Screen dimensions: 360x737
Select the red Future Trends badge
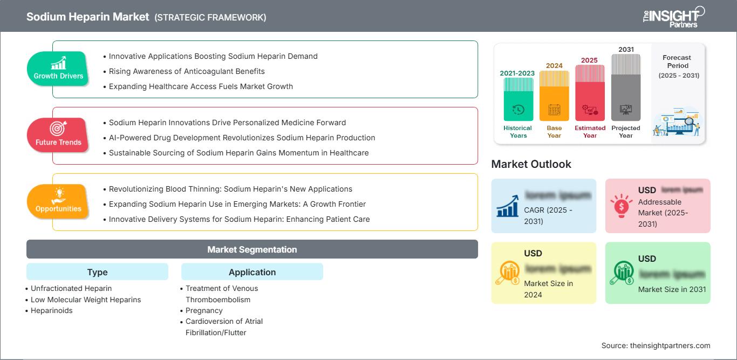coord(58,134)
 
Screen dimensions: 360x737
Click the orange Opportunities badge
coord(58,201)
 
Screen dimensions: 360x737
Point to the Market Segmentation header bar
coord(252,249)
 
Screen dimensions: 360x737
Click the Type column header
coord(97,272)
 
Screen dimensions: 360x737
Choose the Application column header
coord(252,272)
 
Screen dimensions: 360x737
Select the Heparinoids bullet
coord(51,310)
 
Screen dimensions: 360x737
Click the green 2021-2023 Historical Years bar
coord(518,100)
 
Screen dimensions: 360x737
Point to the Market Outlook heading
coord(531,164)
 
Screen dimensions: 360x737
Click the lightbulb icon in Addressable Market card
coord(622,205)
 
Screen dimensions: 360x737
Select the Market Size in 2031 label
coord(672,289)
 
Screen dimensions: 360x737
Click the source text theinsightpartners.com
coord(656,345)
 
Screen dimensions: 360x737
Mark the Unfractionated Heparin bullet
coord(71,288)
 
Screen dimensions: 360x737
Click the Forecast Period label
coord(677,62)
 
